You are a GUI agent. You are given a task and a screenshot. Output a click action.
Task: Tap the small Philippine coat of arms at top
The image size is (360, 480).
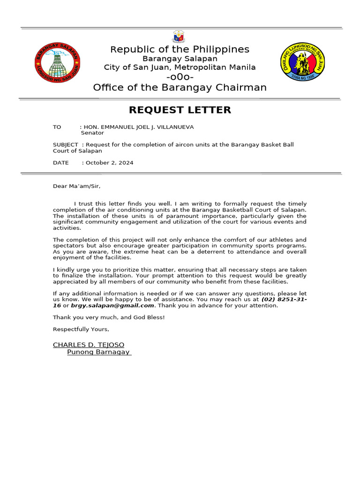pyautogui.click(x=180, y=37)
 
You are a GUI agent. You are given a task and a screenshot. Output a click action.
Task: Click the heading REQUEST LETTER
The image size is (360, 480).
pyautogui.click(x=180, y=110)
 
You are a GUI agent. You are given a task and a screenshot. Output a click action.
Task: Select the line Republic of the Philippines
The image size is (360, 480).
pyautogui.click(x=180, y=50)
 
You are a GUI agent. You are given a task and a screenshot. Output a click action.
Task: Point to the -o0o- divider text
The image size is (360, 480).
pyautogui.click(x=180, y=77)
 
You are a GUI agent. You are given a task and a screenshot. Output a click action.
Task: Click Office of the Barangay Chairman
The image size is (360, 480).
pyautogui.click(x=180, y=88)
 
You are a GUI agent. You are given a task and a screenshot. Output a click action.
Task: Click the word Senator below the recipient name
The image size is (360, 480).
pyautogui.click(x=92, y=133)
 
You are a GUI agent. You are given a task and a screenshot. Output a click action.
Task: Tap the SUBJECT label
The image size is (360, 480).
pyautogui.click(x=65, y=145)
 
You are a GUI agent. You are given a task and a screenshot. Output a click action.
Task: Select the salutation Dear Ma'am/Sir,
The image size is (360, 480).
pyautogui.click(x=76, y=186)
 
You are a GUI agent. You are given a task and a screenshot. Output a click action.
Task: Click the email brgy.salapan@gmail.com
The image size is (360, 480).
pyautogui.click(x=112, y=306)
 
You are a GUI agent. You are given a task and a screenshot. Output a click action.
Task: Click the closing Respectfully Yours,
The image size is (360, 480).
pyautogui.click(x=81, y=329)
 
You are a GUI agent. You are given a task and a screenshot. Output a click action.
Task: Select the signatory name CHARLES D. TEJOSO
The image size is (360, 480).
pyautogui.click(x=89, y=345)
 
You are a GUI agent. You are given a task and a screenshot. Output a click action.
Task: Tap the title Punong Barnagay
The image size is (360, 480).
pyautogui.click(x=98, y=352)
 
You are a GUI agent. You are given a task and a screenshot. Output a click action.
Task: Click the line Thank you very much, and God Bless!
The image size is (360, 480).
pyautogui.click(x=109, y=317)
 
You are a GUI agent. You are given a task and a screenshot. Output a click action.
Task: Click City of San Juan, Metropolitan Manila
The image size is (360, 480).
pyautogui.click(x=180, y=67)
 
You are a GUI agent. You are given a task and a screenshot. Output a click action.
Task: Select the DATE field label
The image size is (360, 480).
pyautogui.click(x=61, y=163)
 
